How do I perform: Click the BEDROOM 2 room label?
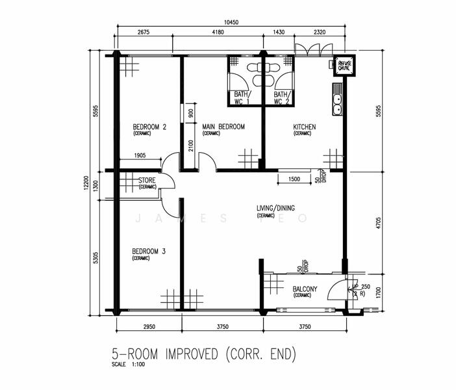(150, 127)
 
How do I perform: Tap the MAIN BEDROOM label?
(223, 127)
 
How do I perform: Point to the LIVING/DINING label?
(275, 209)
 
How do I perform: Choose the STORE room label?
(147, 181)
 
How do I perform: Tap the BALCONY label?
(304, 289)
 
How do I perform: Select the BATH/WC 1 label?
(241, 98)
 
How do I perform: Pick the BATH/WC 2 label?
(281, 98)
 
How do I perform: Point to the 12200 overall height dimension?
(95, 185)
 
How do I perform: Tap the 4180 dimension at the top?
(218, 32)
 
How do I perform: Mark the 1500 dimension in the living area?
(294, 179)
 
